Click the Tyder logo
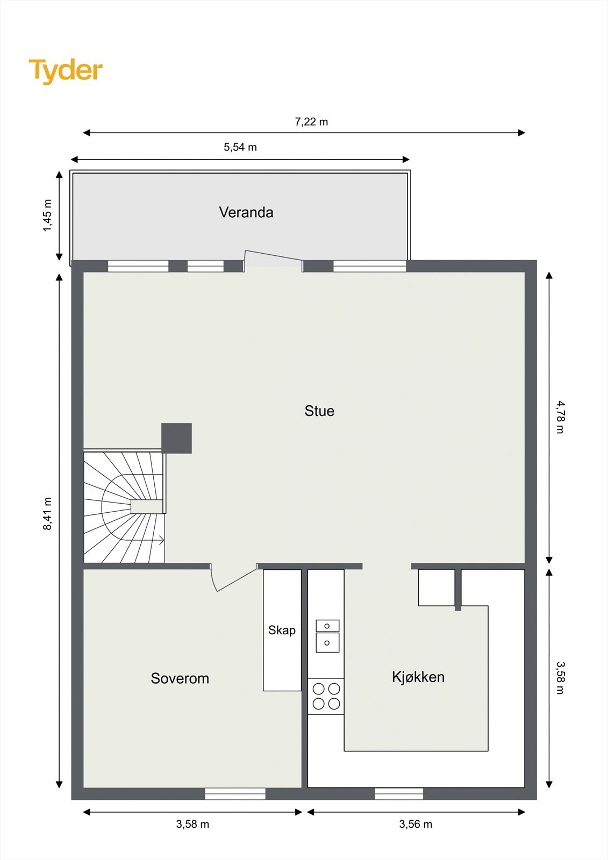pyautogui.click(x=66, y=70)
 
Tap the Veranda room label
pyautogui.click(x=246, y=212)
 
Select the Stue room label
pyautogui.click(x=319, y=411)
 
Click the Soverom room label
pyautogui.click(x=180, y=678)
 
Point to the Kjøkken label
pyautogui.click(x=418, y=677)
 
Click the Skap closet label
pyautogui.click(x=282, y=630)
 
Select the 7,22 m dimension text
pyautogui.click(x=311, y=122)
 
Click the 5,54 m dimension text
pyautogui.click(x=240, y=147)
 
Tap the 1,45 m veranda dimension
pyautogui.click(x=48, y=216)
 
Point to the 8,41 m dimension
pyautogui.click(x=48, y=514)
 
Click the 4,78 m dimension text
pyautogui.click(x=560, y=417)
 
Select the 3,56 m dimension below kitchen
pyautogui.click(x=415, y=824)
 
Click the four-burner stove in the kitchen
pyautogui.click(x=326, y=696)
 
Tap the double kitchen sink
pyautogui.click(x=327, y=636)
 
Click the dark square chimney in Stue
pyautogui.click(x=176, y=438)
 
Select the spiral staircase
pyautogui.click(x=124, y=507)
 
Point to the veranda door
pyautogui.click(x=273, y=259)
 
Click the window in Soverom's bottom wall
pyautogui.click(x=235, y=793)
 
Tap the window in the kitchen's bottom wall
pyautogui.click(x=398, y=793)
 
